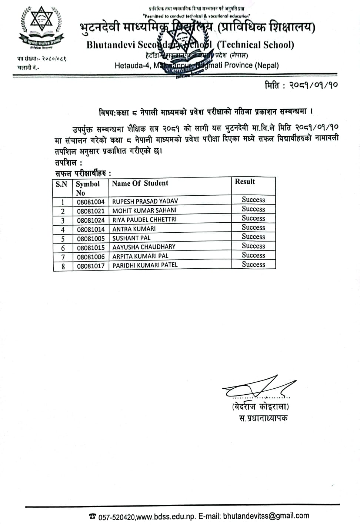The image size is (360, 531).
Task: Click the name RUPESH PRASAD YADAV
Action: point(145,201)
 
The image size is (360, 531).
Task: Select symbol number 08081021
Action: point(91,210)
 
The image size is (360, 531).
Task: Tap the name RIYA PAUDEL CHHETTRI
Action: point(144,219)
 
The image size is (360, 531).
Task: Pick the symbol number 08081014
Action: point(91,229)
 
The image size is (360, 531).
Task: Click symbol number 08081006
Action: point(91,256)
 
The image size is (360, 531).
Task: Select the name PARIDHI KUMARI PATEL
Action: point(145,265)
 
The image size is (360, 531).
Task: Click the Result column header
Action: point(245,182)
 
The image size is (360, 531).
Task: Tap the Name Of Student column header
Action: point(140,183)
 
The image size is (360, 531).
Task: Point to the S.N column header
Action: point(61,184)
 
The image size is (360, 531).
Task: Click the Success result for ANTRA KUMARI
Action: point(253,228)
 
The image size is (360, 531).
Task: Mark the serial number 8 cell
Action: point(63,266)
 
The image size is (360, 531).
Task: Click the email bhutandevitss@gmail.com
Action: point(266,516)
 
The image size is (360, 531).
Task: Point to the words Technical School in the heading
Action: point(255,45)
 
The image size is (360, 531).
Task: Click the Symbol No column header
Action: point(88,188)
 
